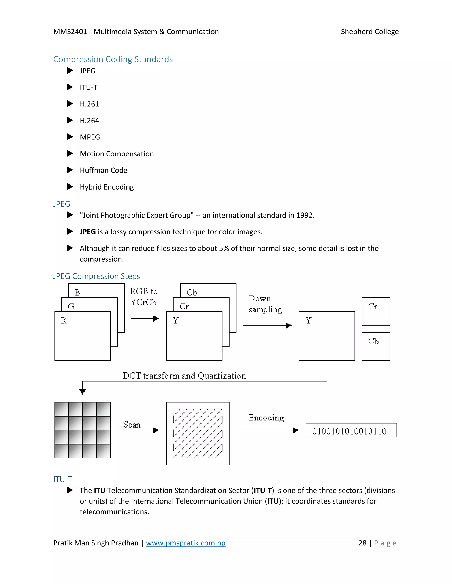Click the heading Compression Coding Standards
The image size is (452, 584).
[113, 59]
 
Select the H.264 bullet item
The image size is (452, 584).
[89, 121]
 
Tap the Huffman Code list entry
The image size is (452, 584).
[103, 170]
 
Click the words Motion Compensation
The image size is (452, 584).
[117, 154]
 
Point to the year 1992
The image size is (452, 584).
[305, 215]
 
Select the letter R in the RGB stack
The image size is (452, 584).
[64, 320]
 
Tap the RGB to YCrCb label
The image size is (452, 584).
[143, 297]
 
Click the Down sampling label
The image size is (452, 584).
[265, 304]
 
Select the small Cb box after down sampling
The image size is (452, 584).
[375, 346]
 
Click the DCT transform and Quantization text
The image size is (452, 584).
[184, 376]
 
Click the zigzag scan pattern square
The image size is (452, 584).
[198, 433]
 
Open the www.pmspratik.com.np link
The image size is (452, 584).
[186, 543]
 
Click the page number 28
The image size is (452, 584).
[362, 543]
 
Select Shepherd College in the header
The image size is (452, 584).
[369, 32]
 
